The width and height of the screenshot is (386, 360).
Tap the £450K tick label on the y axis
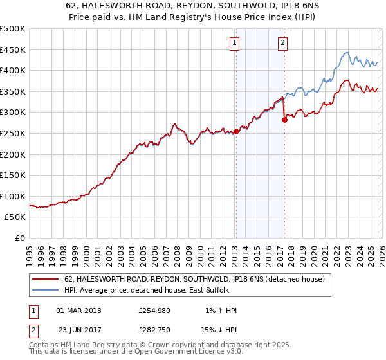pyautogui.click(x=13, y=50)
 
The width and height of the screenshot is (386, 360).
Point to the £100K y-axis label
pyautogui.click(x=13, y=196)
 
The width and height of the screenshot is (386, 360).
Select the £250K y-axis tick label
pyautogui.click(x=13, y=133)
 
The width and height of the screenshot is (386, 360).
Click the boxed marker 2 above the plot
pyautogui.click(x=282, y=43)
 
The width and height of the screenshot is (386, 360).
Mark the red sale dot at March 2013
pyautogui.click(x=235, y=131)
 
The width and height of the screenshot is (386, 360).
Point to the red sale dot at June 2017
pyautogui.click(x=284, y=119)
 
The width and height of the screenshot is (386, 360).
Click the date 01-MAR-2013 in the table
pyautogui.click(x=78, y=310)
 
